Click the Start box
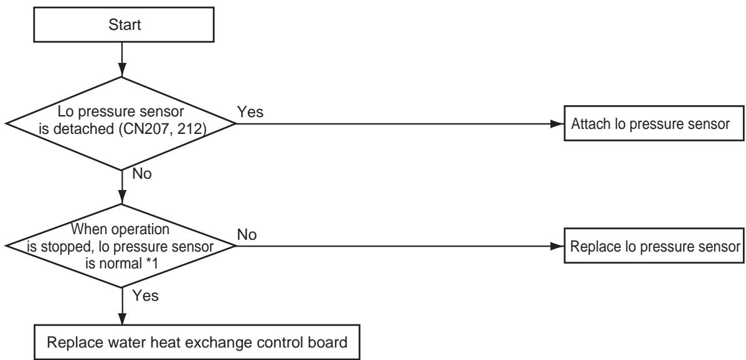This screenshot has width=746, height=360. coord(124,24)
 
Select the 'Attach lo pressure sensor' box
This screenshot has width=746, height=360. coord(654,124)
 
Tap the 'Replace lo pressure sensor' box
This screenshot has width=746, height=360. coord(654,247)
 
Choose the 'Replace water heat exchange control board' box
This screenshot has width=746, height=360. coord(197,342)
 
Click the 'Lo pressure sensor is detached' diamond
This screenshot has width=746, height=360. coord(121,124)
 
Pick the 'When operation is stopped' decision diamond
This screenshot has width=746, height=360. coord(121,247)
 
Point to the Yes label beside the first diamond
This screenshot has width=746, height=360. coord(250,112)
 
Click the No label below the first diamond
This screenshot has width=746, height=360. coord(142,174)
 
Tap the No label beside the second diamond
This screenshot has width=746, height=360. coord(247,234)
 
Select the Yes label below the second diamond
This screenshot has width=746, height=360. coord(145,296)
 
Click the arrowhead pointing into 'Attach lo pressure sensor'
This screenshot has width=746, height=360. coord(557,124)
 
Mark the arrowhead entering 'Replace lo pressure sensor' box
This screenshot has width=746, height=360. coord(557,247)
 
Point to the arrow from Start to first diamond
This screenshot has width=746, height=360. coord(122,59)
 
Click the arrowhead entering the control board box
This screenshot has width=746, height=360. coord(122,318)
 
